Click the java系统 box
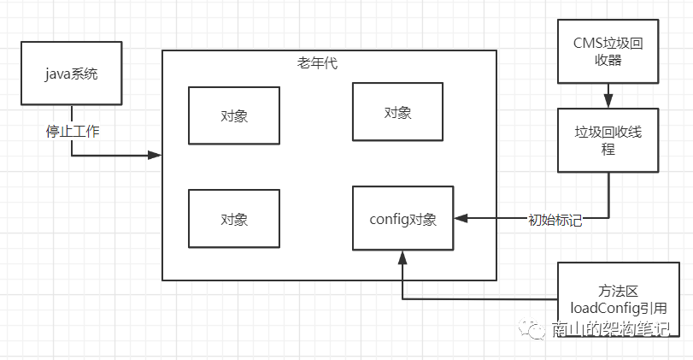(72, 74)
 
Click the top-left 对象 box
(233, 115)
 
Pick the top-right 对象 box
(397, 112)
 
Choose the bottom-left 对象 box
(233, 218)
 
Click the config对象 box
(403, 218)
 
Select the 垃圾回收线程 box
(608, 139)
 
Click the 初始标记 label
(554, 219)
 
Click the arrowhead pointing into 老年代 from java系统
(156, 155)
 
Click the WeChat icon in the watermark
(537, 329)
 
